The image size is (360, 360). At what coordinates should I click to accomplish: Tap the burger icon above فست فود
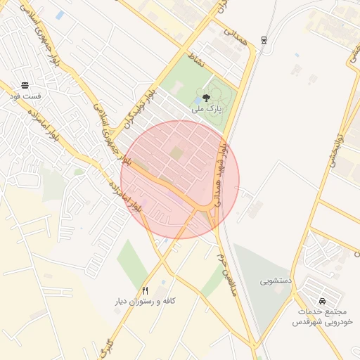(x=25, y=84)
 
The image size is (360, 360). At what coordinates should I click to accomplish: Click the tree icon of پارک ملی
(x=206, y=98)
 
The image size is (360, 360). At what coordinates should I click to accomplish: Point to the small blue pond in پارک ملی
(x=195, y=107)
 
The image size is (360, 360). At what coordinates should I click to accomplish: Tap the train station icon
(x=264, y=39)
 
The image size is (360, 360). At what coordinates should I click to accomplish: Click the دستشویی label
(x=275, y=281)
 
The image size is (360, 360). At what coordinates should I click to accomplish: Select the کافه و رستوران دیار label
(x=145, y=301)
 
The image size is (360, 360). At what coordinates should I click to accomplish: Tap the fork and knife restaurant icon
(x=146, y=290)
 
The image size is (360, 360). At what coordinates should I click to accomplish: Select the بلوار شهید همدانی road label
(x=221, y=172)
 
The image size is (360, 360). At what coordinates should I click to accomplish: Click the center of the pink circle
(x=180, y=179)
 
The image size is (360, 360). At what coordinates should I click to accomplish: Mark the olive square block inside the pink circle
(x=175, y=153)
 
